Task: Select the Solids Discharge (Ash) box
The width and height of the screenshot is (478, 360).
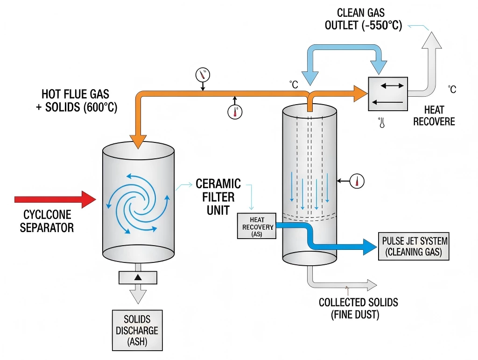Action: point(137,330)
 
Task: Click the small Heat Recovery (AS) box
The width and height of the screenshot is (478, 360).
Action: point(257,226)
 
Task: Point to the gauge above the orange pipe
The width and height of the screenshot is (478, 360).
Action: point(203,74)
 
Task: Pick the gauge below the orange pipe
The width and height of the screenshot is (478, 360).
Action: point(235,112)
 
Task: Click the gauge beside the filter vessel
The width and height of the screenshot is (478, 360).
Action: point(357,181)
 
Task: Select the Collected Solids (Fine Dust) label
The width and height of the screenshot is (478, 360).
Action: point(358,308)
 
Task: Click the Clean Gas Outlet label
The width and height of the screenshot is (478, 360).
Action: point(363,19)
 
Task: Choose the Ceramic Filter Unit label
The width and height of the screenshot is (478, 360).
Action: point(218,196)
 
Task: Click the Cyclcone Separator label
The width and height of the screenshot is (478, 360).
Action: point(47,221)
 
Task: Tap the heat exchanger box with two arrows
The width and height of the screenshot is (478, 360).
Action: point(387,93)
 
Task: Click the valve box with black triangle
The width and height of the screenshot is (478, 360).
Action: point(138,277)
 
